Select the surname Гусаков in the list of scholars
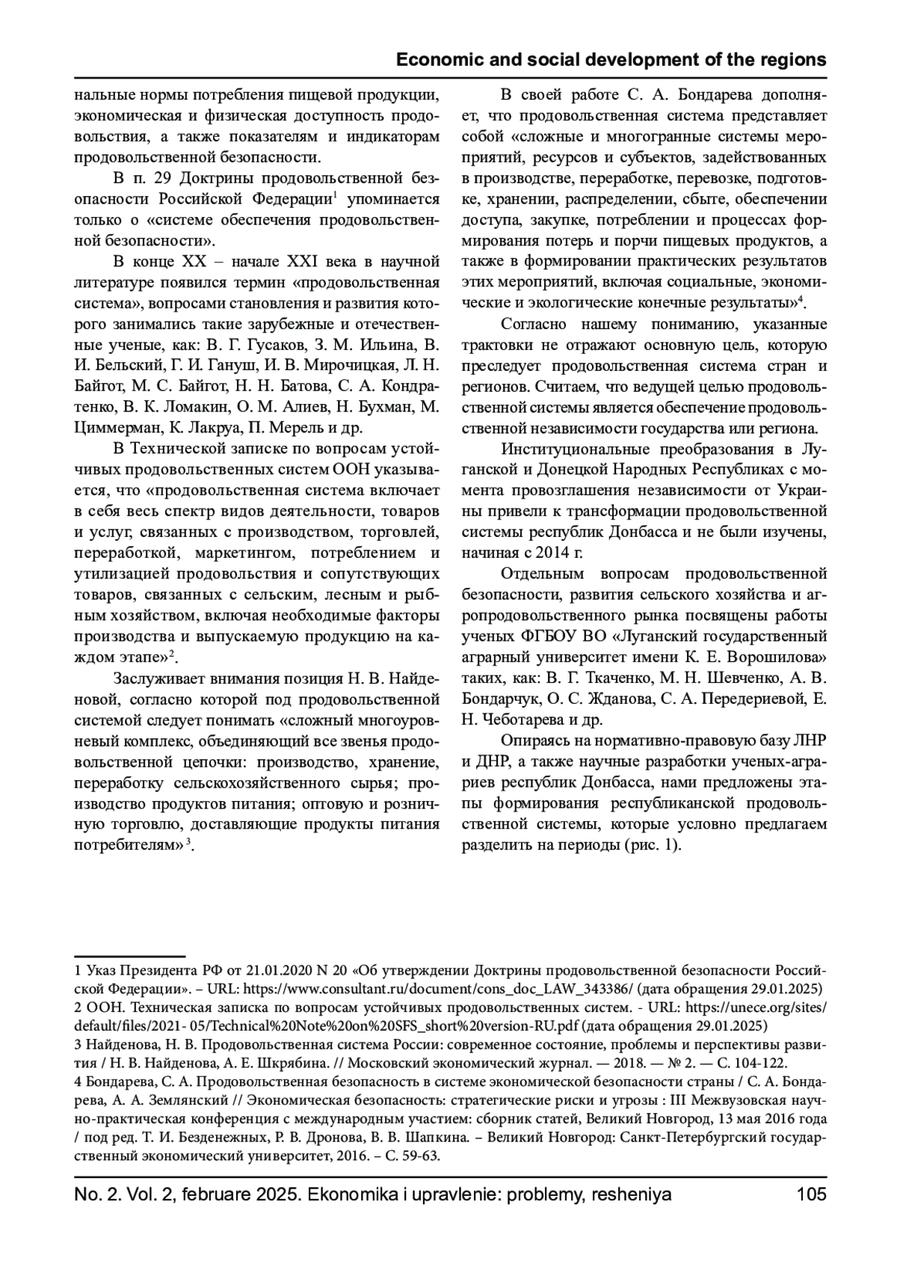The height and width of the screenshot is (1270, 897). pos(269,346)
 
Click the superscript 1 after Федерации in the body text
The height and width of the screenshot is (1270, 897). pos(336,196)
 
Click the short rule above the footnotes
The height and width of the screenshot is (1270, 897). pos(129,956)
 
